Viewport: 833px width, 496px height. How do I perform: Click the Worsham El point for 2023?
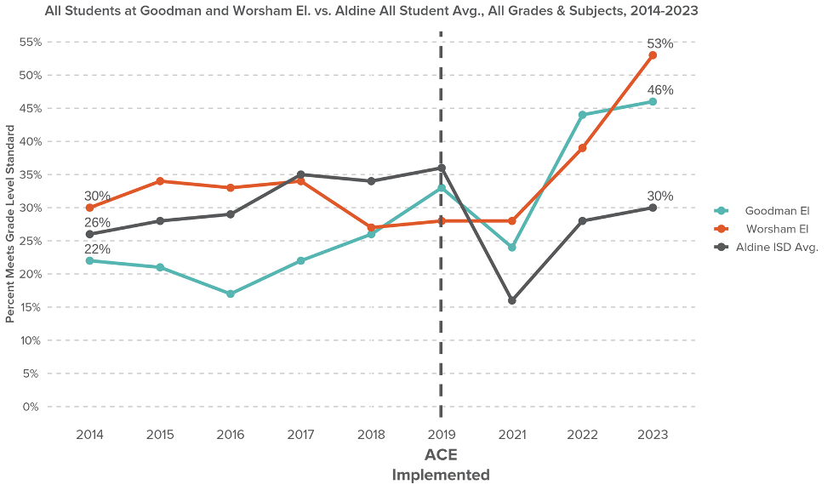click(x=653, y=55)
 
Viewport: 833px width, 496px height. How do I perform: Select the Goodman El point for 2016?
click(x=231, y=294)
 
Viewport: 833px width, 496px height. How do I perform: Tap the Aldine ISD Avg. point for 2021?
click(x=512, y=300)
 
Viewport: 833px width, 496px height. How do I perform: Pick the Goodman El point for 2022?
click(x=583, y=115)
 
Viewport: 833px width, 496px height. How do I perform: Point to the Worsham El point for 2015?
click(x=160, y=181)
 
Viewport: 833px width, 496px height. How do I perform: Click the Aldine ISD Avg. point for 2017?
click(x=301, y=174)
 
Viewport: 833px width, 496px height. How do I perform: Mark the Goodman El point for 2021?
click(x=512, y=248)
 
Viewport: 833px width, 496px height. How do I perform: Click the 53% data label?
click(x=659, y=43)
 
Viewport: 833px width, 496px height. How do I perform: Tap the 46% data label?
click(x=659, y=90)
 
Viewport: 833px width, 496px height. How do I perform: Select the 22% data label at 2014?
click(x=97, y=249)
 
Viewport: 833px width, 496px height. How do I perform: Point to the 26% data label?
click(x=97, y=223)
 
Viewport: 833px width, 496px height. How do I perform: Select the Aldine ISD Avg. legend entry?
click(x=766, y=248)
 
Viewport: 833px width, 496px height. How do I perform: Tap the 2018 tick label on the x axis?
click(x=371, y=435)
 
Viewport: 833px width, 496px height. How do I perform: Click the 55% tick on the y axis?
click(x=30, y=42)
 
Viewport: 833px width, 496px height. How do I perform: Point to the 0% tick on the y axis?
click(x=31, y=407)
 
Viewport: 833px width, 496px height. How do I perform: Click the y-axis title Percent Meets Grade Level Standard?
click(x=10, y=224)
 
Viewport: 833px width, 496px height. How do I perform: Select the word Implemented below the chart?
click(x=441, y=476)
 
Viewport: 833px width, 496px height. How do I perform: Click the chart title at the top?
click(x=372, y=12)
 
